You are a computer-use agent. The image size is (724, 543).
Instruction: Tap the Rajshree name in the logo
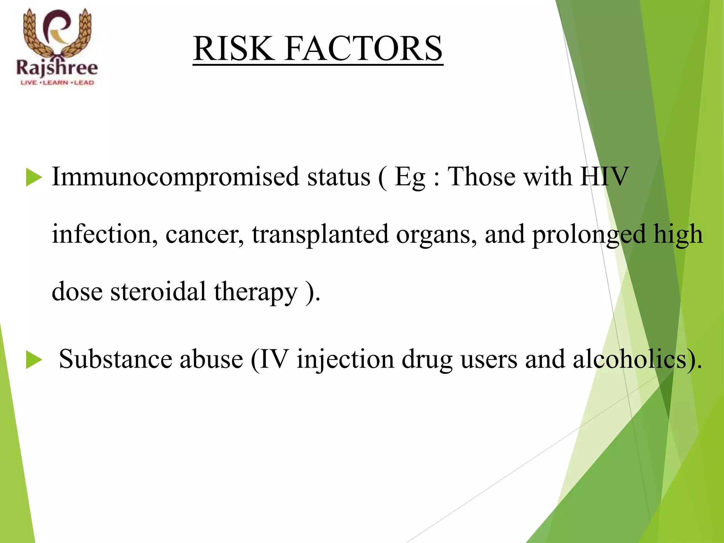click(57, 68)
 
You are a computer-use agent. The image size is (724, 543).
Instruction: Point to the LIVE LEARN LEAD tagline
click(57, 83)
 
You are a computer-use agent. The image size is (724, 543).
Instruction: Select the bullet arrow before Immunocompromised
click(34, 177)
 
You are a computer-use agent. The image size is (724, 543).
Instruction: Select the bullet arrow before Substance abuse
click(34, 360)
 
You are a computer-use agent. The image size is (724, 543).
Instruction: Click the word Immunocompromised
click(175, 177)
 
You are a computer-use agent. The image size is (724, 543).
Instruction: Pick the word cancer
click(204, 234)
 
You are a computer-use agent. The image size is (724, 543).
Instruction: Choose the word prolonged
click(589, 235)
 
